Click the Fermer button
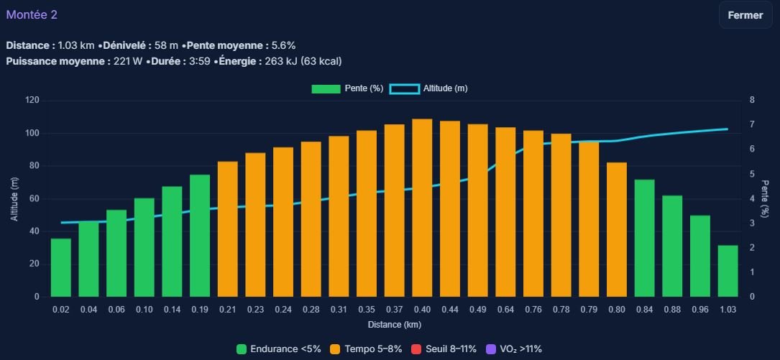[x=745, y=15]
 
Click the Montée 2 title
[x=32, y=15]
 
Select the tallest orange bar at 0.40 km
[x=422, y=208]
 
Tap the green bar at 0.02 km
[x=61, y=267]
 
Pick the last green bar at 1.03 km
[x=728, y=271]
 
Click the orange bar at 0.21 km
[x=228, y=229]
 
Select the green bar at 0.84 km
[x=644, y=238]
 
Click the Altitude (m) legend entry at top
[x=428, y=88]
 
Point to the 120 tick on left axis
[x=31, y=100]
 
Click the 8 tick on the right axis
[x=751, y=100]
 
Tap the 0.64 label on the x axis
[x=505, y=310]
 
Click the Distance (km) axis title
[x=394, y=325]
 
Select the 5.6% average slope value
[x=283, y=45]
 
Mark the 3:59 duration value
[x=200, y=61]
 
